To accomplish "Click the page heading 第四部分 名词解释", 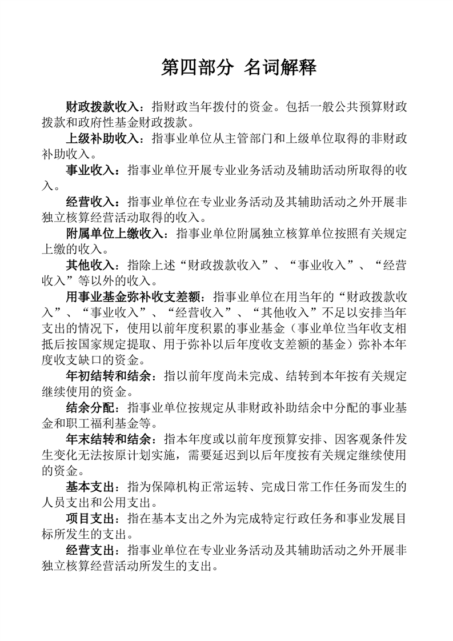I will tap(239, 68).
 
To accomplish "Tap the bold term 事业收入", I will tap(91, 170).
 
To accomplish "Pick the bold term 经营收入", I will tap(91, 202).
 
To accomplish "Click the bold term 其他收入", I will tap(91, 265).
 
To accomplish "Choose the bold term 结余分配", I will tap(91, 408).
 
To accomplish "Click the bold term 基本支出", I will tap(91, 487).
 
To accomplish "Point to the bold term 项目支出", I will tap(91, 518).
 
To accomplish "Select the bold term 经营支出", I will tap(91, 550).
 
